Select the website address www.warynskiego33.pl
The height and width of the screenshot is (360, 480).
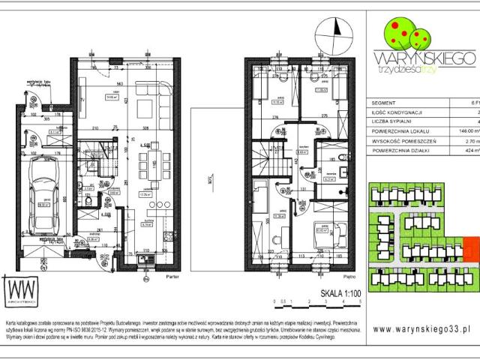click(x=420, y=328)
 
